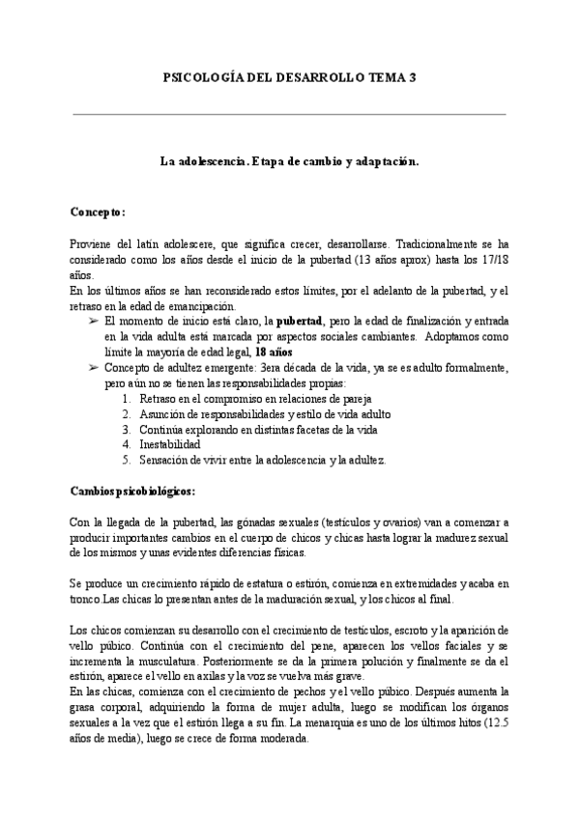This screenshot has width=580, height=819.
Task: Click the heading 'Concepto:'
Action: [99, 211]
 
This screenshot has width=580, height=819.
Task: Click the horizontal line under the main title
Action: [289, 115]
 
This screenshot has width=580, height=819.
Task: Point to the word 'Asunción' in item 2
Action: [164, 413]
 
